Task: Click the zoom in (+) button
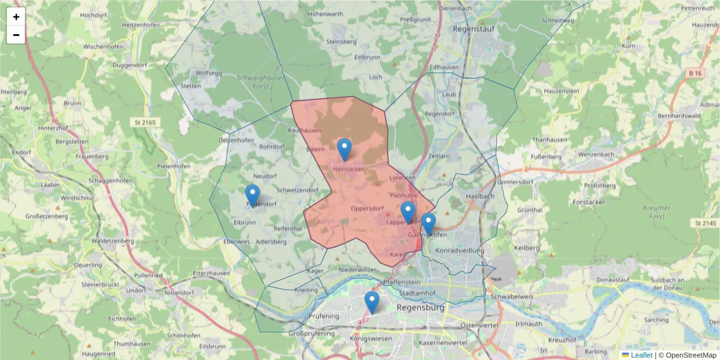tap(16, 17)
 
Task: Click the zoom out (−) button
tap(16, 35)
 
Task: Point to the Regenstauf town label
tap(472, 28)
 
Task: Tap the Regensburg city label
tap(421, 307)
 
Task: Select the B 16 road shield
tap(695, 73)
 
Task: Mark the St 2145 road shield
tap(706, 223)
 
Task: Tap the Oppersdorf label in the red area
tap(367, 209)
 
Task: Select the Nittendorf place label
tap(180, 293)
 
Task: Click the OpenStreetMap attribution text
tap(690, 355)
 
